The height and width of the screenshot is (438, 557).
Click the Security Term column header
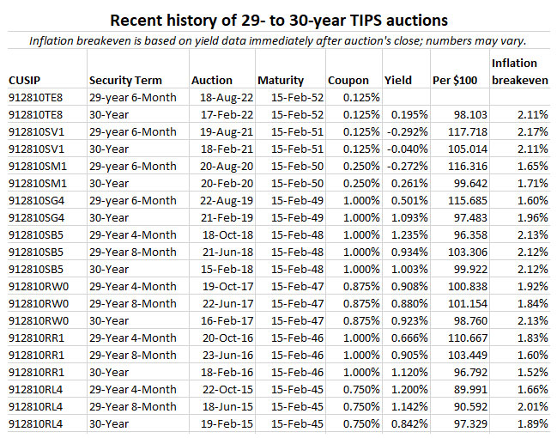click(125, 81)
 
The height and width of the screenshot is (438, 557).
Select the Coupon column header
click(348, 81)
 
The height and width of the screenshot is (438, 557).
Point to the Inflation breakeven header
click(514, 72)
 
